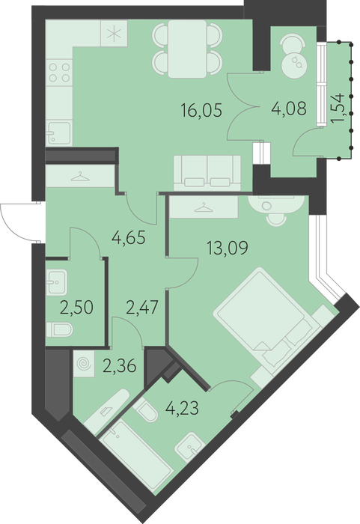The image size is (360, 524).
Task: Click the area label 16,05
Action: tap(201, 110)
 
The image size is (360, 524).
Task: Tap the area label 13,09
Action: tap(228, 248)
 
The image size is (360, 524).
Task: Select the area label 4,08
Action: tap(289, 109)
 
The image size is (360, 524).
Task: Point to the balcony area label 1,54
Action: tap(338, 109)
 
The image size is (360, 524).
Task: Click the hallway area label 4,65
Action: tap(129, 237)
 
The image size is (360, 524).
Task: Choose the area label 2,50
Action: tap(76, 308)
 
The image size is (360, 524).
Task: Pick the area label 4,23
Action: tap(182, 408)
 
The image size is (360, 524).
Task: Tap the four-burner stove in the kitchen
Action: tap(59, 73)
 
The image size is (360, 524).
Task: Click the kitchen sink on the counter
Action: tap(59, 132)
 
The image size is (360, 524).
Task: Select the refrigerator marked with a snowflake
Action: tap(114, 34)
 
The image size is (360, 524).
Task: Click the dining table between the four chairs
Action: tap(187, 49)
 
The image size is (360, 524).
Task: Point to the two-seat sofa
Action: tap(207, 172)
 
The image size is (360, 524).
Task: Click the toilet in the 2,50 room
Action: tap(59, 329)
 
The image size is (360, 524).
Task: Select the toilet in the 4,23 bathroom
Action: tap(145, 410)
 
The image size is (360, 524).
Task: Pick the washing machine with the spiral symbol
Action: tap(84, 364)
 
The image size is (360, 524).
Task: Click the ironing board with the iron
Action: tap(106, 413)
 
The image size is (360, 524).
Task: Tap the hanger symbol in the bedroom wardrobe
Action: tap(204, 208)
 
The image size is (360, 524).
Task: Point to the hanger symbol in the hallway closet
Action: tap(81, 176)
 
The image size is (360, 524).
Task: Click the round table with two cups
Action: tap(294, 64)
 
